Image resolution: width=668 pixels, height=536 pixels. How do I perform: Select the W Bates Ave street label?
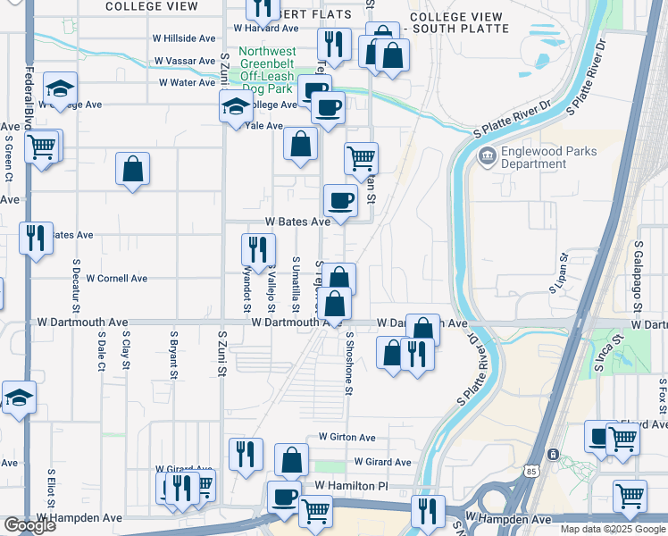(x=297, y=221)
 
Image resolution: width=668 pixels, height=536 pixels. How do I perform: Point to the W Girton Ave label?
(x=347, y=438)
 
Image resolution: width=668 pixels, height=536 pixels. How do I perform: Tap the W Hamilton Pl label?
(x=352, y=486)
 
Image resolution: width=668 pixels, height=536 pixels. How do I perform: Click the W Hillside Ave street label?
(x=185, y=38)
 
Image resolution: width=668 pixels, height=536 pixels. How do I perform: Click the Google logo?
(x=29, y=526)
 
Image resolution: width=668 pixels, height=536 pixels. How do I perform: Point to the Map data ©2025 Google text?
(x=613, y=529)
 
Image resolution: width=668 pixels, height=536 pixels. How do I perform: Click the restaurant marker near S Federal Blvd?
(x=37, y=239)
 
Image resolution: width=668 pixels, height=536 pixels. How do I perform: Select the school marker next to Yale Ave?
(x=235, y=108)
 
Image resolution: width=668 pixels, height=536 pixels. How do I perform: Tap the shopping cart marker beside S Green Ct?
(x=42, y=147)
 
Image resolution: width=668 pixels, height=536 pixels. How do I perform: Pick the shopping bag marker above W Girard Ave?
(x=291, y=461)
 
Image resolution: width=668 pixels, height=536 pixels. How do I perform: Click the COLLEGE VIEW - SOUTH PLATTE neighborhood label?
(x=459, y=22)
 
